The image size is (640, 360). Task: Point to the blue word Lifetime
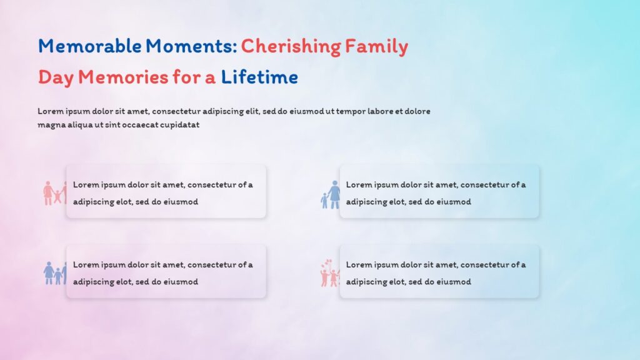(259, 77)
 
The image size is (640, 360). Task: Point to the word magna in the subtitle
(51, 125)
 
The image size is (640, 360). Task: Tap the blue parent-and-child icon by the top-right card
(331, 195)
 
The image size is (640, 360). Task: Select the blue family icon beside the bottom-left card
(54, 273)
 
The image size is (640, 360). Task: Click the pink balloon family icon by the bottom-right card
(329, 273)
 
